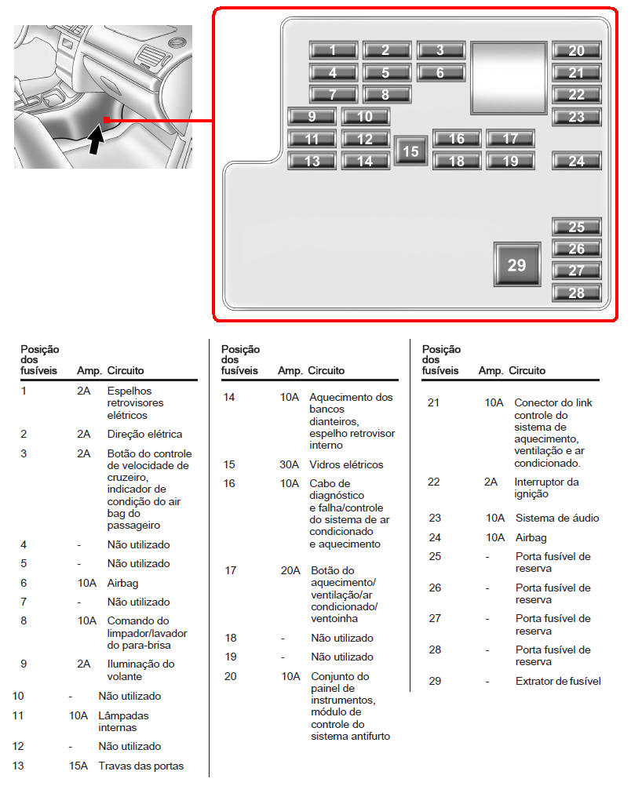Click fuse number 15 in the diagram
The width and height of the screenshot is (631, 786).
(410, 151)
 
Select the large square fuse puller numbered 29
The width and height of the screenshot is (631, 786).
(517, 264)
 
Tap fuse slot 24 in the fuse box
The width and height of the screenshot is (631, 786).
(576, 160)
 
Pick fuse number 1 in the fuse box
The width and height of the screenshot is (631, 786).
(334, 49)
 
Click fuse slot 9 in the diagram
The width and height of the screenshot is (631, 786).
(312, 116)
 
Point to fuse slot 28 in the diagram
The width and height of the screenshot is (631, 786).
(576, 293)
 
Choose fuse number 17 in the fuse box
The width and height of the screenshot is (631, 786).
(510, 138)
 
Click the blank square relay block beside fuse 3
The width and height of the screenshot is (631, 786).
(509, 78)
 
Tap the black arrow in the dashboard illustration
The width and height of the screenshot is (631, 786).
(96, 140)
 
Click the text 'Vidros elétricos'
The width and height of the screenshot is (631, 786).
(346, 464)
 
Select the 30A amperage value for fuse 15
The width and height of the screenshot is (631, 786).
(289, 464)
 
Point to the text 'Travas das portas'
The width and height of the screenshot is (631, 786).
(141, 766)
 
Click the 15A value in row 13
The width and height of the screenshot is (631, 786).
(78, 766)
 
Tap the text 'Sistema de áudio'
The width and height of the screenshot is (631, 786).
(557, 518)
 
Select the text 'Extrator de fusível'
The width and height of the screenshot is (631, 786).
(558, 681)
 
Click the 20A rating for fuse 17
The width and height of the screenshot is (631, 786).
(290, 570)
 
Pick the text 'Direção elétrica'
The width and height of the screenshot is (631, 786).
(144, 434)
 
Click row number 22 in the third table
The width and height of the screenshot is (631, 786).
(433, 482)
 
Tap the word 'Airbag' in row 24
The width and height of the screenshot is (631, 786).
(531, 538)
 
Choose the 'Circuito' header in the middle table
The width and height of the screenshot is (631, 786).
(326, 370)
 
